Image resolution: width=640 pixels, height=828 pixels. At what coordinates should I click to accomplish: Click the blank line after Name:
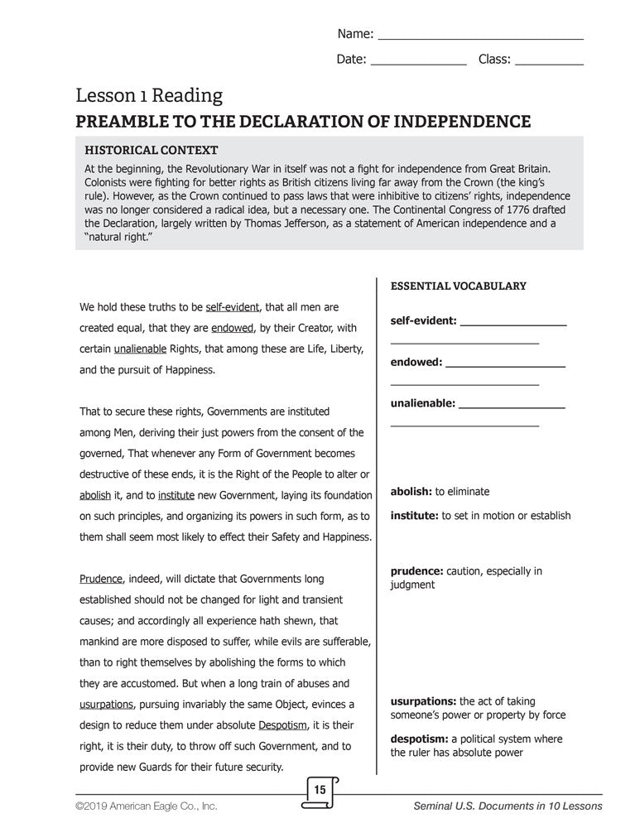480,38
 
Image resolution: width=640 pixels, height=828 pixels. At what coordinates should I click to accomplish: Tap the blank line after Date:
417,64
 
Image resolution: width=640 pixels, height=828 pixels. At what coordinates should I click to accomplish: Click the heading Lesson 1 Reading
149,96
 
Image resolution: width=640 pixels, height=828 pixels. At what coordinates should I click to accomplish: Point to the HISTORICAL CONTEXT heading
152,151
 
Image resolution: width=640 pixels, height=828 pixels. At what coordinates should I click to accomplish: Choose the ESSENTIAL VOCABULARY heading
458,286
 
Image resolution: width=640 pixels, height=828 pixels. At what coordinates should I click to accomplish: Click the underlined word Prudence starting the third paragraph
101,579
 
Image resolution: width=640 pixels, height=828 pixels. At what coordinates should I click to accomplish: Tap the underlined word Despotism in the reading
286,725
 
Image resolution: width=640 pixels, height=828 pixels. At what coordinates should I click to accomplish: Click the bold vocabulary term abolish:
411,492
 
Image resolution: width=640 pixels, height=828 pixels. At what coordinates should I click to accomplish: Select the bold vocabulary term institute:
414,516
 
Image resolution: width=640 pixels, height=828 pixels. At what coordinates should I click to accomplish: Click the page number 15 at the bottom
320,791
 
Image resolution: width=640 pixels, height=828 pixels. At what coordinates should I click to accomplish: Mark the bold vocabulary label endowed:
416,362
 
